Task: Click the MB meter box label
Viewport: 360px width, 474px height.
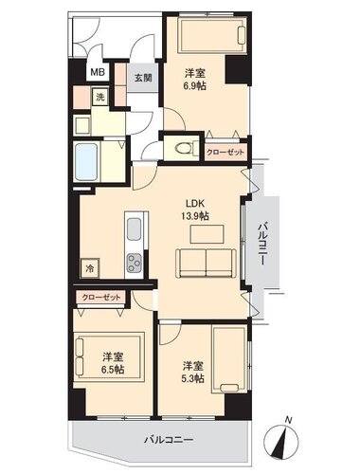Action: coord(98,72)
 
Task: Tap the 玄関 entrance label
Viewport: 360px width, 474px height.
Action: coord(143,78)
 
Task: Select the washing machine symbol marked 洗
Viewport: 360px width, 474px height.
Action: coord(100,97)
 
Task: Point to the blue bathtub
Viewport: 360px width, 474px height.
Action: coord(86,162)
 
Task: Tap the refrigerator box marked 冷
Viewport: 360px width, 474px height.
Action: coord(90,268)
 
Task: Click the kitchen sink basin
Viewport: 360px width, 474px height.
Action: coord(134,228)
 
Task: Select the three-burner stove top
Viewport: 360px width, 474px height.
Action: coord(135,263)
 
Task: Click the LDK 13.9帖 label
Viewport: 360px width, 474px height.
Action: coord(195,210)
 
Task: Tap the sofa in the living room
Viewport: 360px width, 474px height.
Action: coord(206,263)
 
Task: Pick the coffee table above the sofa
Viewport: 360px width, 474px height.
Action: coord(207,234)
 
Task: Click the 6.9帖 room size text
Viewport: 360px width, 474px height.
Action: coord(195,85)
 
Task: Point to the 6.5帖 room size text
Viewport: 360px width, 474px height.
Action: coord(113,369)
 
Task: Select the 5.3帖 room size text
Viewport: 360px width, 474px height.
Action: coord(192,378)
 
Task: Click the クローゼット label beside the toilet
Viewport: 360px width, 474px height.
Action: coord(225,153)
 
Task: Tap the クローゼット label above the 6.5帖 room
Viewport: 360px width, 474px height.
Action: coord(101,298)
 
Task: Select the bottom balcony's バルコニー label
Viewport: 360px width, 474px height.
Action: coord(169,440)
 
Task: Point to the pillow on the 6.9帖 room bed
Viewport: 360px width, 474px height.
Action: coord(242,35)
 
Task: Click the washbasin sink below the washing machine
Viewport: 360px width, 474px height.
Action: coord(81,125)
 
